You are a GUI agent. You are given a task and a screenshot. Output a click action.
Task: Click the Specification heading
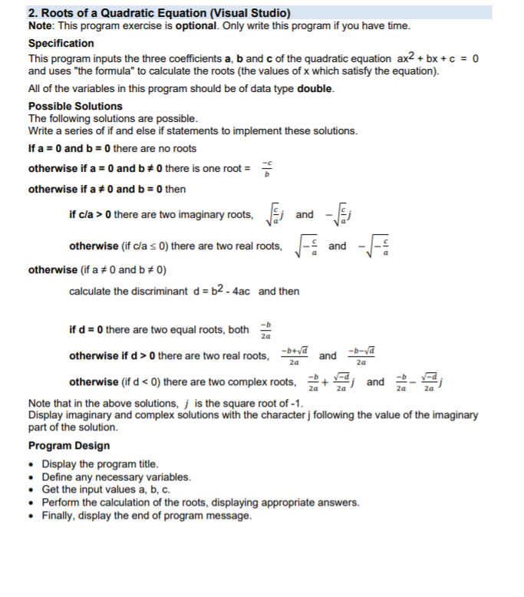(61, 44)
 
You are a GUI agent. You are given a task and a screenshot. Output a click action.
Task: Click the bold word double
(315, 88)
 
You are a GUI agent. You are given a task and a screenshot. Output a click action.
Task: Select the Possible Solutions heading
(75, 106)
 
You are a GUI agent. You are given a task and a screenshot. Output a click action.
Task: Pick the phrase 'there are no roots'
(154, 149)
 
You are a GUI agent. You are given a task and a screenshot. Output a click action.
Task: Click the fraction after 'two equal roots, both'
(264, 331)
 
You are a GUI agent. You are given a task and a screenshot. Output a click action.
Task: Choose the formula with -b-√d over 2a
(361, 356)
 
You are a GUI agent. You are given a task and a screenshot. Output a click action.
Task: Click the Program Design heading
(69, 446)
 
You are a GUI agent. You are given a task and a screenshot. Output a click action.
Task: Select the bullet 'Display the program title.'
(101, 464)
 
